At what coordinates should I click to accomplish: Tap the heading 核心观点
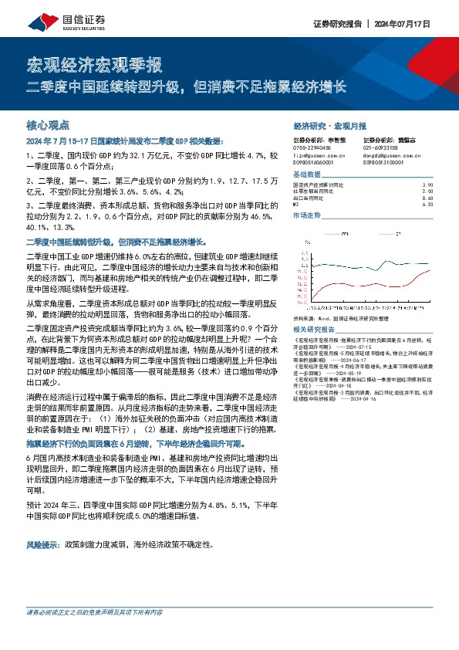(48, 124)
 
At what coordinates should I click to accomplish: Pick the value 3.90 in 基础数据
(428, 185)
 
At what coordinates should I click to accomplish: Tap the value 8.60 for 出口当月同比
(428, 198)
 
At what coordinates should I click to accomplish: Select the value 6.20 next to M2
(428, 205)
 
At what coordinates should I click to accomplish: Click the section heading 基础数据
(306, 175)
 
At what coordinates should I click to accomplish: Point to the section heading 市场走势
(306, 217)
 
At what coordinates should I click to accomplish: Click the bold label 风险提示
(44, 543)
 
